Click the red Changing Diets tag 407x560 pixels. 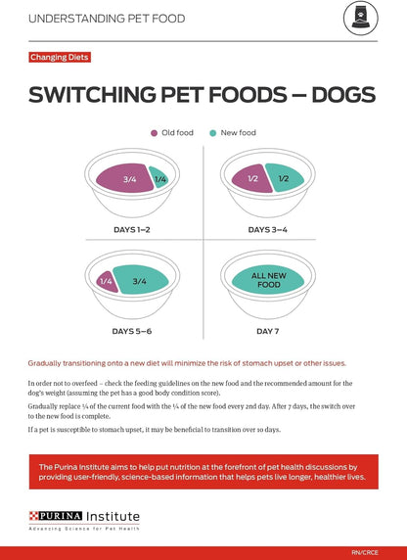click(x=60, y=57)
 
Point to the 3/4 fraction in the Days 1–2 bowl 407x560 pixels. click(x=130, y=179)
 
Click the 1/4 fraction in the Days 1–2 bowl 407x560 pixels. click(x=159, y=179)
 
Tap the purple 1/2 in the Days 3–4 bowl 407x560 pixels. click(x=252, y=178)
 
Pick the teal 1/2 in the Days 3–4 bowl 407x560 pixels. click(x=283, y=178)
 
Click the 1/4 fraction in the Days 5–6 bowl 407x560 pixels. click(x=107, y=281)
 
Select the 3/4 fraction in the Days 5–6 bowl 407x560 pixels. click(x=139, y=281)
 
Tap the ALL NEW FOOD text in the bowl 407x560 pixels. click(x=267, y=282)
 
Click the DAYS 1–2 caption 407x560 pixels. click(x=130, y=229)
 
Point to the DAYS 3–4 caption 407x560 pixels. click(x=267, y=229)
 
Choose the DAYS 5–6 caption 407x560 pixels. click(x=130, y=331)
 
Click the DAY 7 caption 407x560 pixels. click(x=267, y=331)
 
